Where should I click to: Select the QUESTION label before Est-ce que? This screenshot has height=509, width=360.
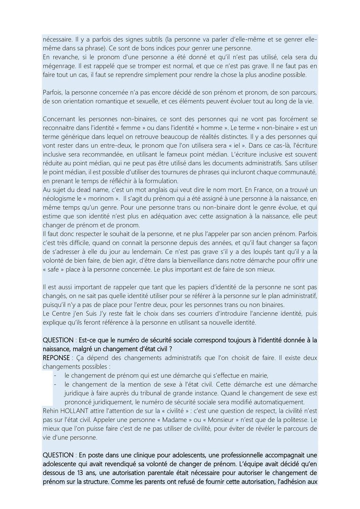[x=58, y=340]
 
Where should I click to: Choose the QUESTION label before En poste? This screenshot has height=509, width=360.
[x=58, y=455]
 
